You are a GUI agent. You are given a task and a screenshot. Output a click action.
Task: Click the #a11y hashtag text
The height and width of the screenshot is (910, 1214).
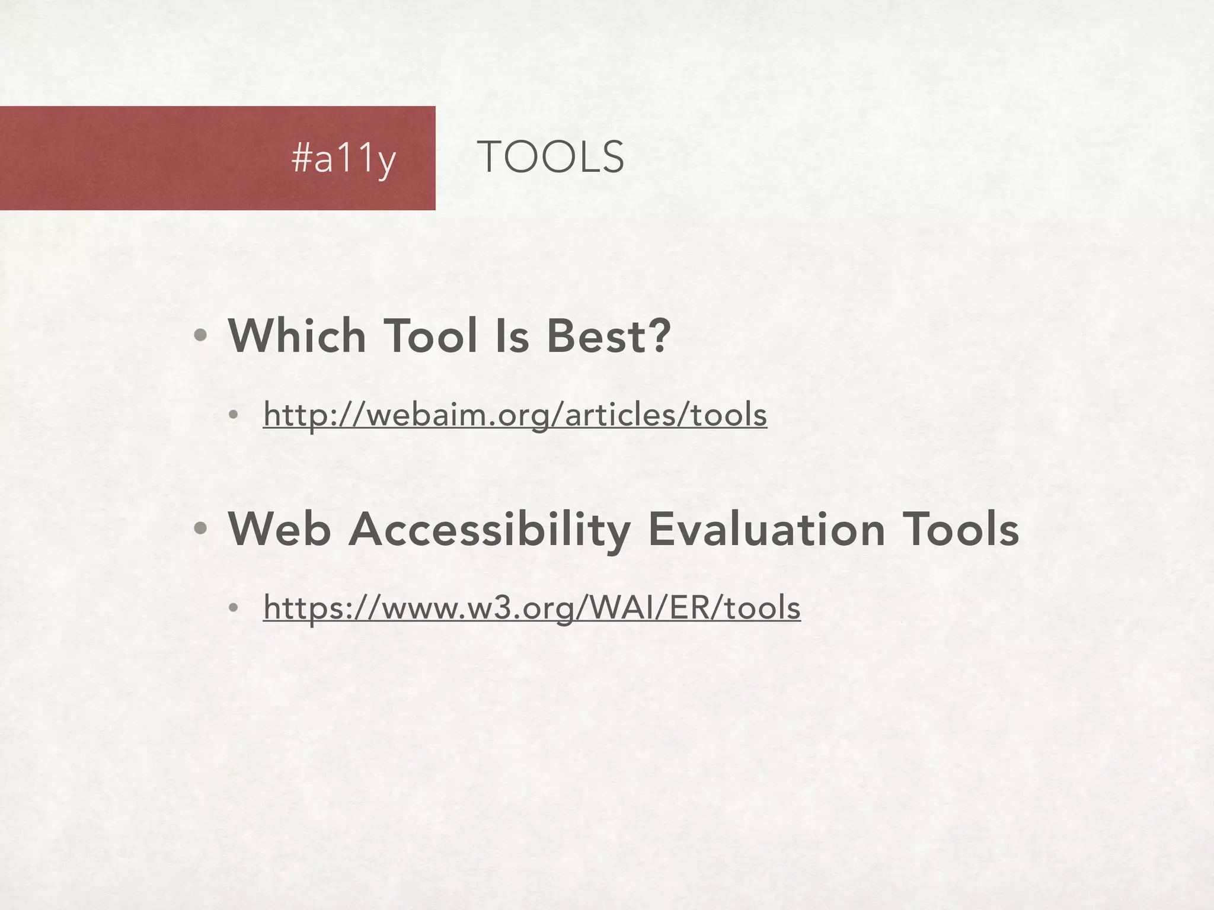[343, 159]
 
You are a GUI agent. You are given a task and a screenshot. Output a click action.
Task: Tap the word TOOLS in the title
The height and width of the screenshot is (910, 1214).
[550, 158]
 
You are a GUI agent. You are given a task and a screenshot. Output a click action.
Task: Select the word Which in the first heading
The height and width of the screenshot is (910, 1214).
[297, 336]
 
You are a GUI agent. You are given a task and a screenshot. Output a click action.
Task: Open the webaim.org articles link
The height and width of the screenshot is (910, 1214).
[515, 414]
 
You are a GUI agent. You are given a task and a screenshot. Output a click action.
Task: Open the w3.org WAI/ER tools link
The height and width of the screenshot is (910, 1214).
[532, 607]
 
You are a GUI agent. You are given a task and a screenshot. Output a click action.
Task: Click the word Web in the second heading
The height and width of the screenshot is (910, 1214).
[279, 529]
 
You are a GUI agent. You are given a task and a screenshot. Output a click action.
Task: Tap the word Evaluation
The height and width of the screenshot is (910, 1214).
[766, 529]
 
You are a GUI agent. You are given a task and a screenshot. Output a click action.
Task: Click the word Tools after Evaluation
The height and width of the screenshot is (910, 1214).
[960, 529]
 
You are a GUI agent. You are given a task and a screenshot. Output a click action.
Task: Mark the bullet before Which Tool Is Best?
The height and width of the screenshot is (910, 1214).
[200, 336]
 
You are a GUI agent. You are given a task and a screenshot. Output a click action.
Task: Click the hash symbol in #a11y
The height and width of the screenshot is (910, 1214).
[301, 158]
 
